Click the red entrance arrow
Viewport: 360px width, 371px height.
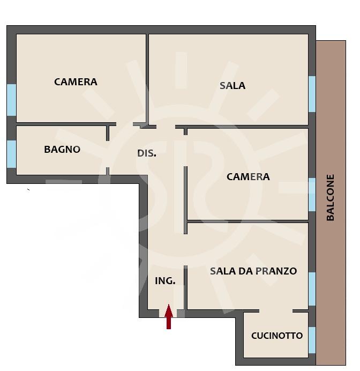pos(169,316)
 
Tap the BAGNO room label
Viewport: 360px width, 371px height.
pos(62,150)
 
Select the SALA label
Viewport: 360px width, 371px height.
pos(232,86)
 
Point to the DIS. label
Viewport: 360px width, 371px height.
pos(147,153)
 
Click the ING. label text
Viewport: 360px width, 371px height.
pos(165,281)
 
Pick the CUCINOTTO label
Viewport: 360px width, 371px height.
pos(277,336)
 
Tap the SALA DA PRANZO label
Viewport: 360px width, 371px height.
pos(253,271)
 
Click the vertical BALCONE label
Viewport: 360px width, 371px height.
pos(330,198)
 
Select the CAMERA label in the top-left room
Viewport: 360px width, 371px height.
pos(76,82)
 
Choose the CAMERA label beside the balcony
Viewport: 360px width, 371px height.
pos(248,177)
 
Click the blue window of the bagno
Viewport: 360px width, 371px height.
pos(11,154)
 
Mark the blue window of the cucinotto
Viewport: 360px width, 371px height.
pos(312,340)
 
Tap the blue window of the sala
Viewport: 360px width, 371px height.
pos(312,94)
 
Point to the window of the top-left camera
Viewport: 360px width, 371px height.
pos(11,100)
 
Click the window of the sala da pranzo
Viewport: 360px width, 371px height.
pos(312,289)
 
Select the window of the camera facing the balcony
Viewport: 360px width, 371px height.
pos(312,195)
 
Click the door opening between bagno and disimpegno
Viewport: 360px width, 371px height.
pos(108,154)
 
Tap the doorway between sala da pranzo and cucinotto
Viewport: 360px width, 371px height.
pos(276,311)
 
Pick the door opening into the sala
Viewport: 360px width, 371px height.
pos(166,127)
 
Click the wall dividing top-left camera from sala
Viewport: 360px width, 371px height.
pos(147,79)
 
